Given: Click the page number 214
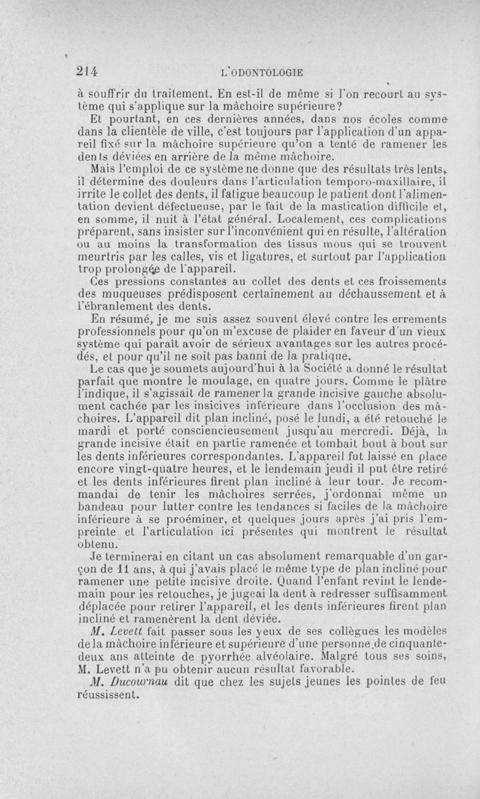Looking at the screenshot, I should tap(86, 70).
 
